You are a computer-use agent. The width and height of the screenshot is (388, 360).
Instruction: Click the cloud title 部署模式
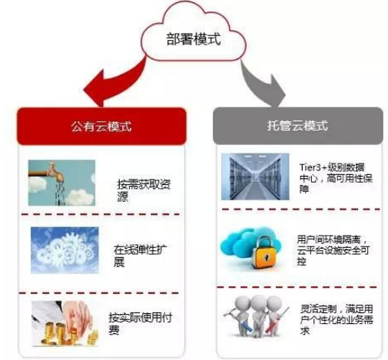pyautogui.click(x=194, y=39)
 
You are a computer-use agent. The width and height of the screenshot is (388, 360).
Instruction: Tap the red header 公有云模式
pyautogui.click(x=101, y=126)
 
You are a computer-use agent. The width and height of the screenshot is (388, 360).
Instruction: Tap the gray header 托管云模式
pyautogui.click(x=298, y=125)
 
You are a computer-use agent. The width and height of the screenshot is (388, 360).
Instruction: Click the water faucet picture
pyautogui.click(x=61, y=183)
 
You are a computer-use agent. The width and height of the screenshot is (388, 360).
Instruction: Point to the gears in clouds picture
pyautogui.click(x=65, y=250)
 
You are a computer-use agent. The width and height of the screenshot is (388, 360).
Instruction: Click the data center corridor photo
pyautogui.click(x=255, y=177)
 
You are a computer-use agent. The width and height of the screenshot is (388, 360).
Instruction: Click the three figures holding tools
pyautogui.click(x=256, y=316)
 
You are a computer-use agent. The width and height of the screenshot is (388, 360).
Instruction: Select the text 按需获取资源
pyautogui.click(x=144, y=190)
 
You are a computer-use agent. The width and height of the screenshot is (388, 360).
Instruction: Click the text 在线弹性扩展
pyautogui.click(x=140, y=256)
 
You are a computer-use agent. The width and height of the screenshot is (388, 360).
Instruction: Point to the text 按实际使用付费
pyautogui.click(x=140, y=323)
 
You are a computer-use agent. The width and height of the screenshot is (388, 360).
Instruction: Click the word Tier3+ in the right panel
pyautogui.click(x=313, y=167)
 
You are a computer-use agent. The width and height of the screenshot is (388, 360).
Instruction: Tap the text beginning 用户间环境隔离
pyautogui.click(x=333, y=250)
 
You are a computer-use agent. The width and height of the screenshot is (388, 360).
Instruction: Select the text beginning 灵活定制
pyautogui.click(x=337, y=319)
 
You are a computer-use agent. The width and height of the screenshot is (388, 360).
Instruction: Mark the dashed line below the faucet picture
pyautogui.click(x=101, y=214)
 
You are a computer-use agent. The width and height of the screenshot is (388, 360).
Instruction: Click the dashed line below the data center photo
pyautogui.click(x=300, y=210)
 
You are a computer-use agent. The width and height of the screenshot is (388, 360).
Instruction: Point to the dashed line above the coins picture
pyautogui.click(x=99, y=293)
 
